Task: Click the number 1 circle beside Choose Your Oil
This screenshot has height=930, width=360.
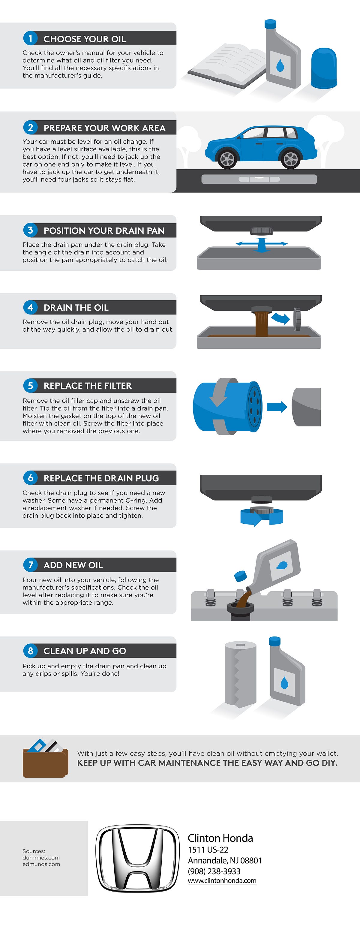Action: tap(30, 38)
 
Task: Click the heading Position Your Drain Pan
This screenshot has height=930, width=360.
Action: tap(104, 230)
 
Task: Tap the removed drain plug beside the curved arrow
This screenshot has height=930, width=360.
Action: tap(297, 319)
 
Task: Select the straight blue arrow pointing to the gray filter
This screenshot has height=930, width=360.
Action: tap(277, 407)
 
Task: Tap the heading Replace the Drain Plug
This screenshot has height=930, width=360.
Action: tap(101, 478)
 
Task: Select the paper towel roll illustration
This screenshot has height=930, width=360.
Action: tap(240, 673)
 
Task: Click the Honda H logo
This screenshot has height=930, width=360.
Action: tap(138, 859)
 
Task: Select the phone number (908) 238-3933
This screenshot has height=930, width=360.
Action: tap(214, 871)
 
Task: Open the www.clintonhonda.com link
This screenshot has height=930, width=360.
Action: tap(222, 880)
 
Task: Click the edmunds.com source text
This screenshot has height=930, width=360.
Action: tap(41, 864)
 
